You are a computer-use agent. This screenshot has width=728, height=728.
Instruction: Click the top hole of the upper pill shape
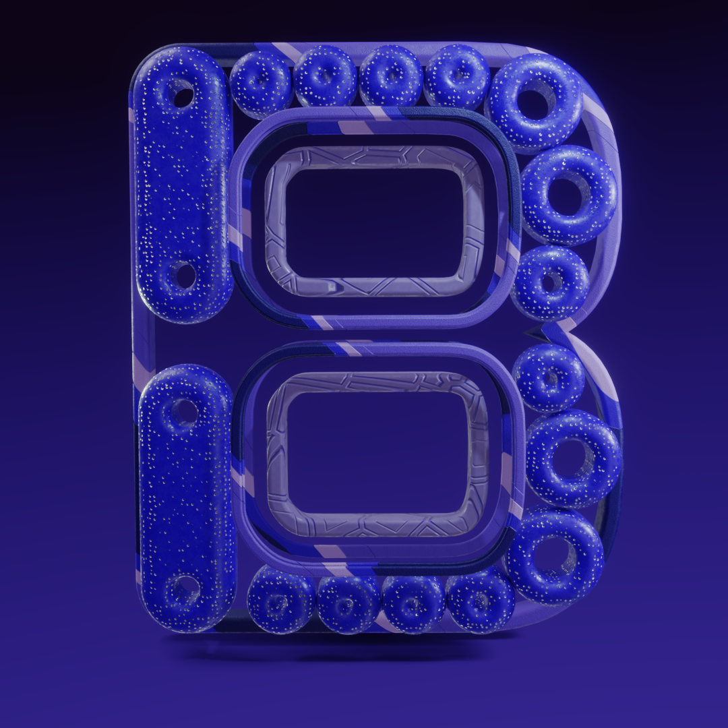[183, 92]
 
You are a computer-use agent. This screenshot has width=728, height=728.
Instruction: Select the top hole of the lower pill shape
[184, 411]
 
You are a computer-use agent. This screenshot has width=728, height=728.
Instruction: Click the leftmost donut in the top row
[262, 83]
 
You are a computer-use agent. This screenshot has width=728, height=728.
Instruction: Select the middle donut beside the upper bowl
[569, 195]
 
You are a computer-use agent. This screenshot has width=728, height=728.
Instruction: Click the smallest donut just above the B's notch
[550, 282]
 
